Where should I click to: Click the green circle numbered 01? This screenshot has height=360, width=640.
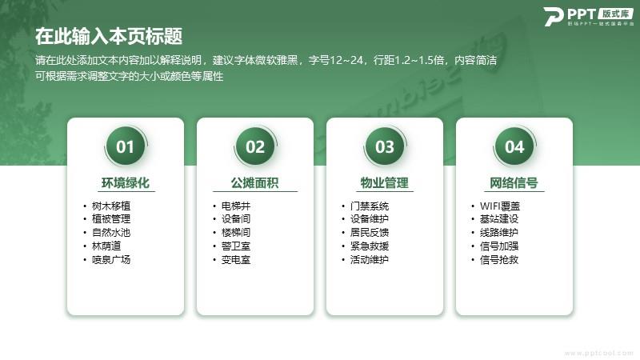click(x=126, y=146)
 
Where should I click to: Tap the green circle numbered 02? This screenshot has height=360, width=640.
click(x=255, y=146)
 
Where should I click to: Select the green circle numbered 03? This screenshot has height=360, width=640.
click(x=385, y=146)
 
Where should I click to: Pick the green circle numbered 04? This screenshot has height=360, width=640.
click(x=514, y=146)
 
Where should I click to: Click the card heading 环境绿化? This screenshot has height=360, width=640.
click(x=126, y=183)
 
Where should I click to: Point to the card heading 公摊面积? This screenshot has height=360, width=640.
click(x=255, y=183)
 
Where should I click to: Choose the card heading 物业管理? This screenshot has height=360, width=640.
click(x=385, y=183)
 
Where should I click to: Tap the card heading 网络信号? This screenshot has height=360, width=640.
click(x=514, y=183)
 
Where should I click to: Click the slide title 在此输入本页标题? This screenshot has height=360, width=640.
click(x=109, y=36)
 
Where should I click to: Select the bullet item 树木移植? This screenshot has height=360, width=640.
click(x=111, y=206)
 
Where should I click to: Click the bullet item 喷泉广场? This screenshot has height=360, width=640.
click(x=111, y=259)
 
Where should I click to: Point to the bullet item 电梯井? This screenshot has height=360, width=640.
click(x=236, y=206)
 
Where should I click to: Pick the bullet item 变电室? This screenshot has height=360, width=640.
click(x=236, y=259)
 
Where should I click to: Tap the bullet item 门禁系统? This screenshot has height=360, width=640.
click(x=370, y=206)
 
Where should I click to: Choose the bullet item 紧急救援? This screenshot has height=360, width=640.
click(x=370, y=246)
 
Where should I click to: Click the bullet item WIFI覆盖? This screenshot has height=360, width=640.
click(x=500, y=206)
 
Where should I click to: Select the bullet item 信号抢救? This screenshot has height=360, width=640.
click(x=499, y=259)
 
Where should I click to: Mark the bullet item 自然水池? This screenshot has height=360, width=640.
click(x=111, y=233)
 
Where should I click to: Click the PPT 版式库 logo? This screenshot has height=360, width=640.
click(x=589, y=17)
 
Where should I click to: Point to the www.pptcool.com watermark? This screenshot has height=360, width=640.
click(x=598, y=353)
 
